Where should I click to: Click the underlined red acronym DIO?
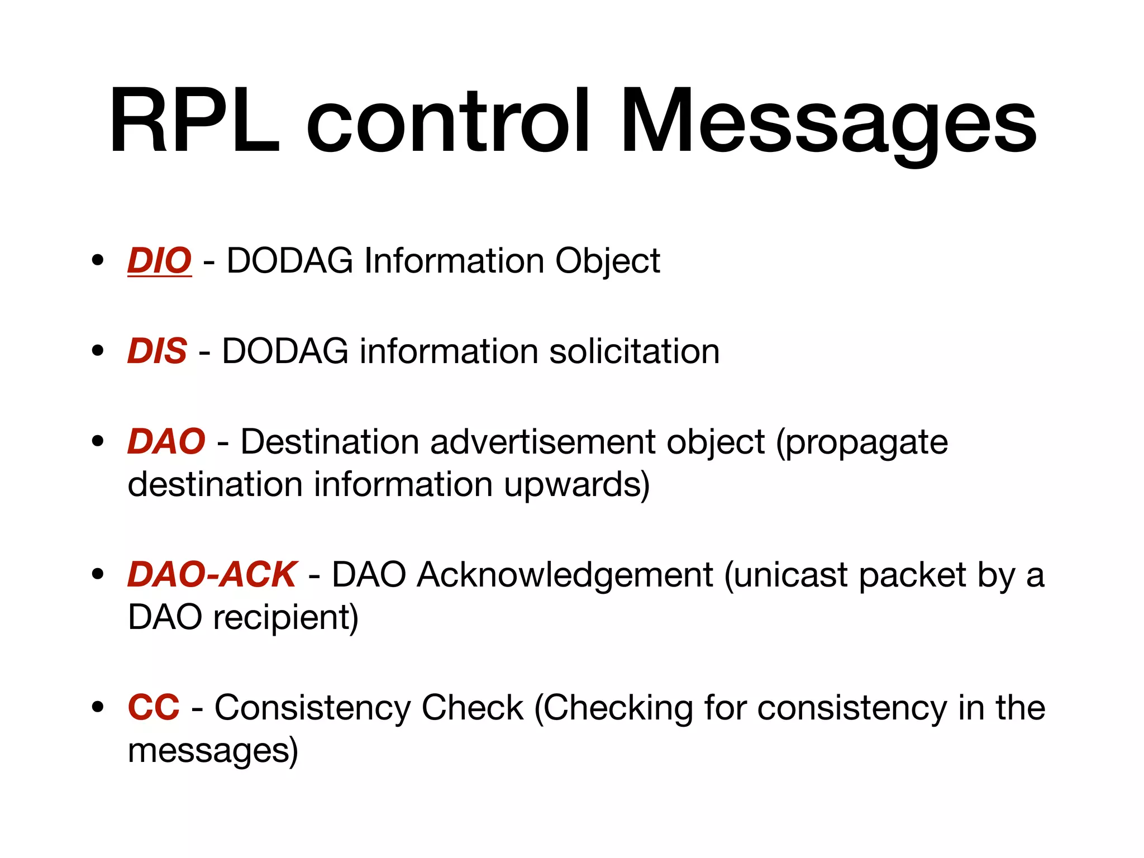tap(160, 261)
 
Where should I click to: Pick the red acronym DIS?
tap(158, 351)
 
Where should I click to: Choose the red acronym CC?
tap(154, 707)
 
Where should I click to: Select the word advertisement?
tap(541, 442)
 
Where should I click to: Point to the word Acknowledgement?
tap(565, 575)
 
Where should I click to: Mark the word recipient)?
tap(285, 618)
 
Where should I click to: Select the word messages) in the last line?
tap(213, 751)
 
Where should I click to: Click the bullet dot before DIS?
tap(98, 351)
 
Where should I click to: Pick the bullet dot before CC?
tap(98, 707)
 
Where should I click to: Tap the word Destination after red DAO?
tap(330, 442)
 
